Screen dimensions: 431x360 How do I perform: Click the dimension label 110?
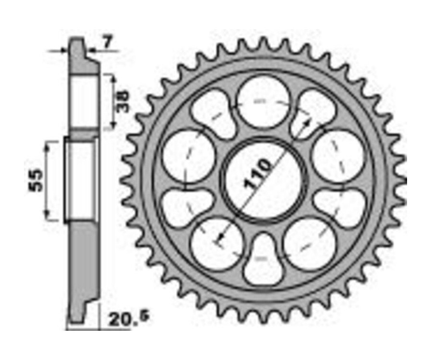click(257, 174)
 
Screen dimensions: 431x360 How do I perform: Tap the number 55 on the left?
click(36, 180)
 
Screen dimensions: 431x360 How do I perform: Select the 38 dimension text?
click(122, 102)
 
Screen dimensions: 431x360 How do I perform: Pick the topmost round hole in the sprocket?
click(263, 101)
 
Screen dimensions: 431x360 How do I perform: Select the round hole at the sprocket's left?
click(189, 156)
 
